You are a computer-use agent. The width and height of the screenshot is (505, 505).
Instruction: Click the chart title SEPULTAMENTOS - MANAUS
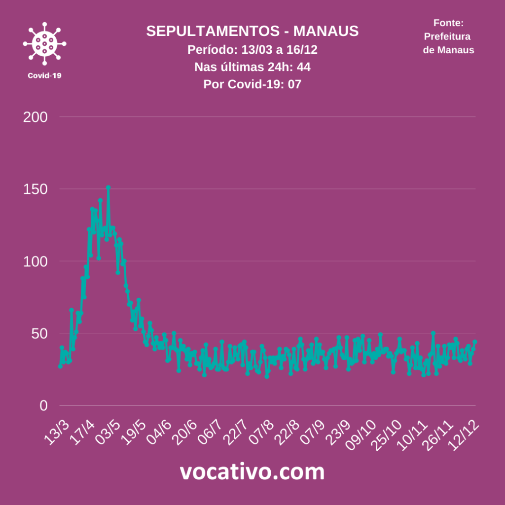coord(252,31)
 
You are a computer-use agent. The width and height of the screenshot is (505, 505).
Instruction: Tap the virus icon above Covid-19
coord(44,43)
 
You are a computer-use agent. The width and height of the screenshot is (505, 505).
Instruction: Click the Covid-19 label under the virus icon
coord(44,75)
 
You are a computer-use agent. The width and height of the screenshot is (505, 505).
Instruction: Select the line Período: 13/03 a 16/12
coord(252,50)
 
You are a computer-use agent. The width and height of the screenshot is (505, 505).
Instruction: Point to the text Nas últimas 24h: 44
coord(252,67)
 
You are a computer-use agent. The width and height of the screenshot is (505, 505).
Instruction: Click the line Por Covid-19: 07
coord(252,84)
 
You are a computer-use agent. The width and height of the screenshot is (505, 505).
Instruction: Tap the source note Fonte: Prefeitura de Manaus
coord(448,36)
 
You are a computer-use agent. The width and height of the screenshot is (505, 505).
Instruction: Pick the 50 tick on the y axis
coord(39,333)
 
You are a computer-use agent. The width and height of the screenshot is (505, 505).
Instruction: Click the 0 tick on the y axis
coord(43,405)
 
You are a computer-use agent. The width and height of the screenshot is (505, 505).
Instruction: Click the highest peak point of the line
coord(108,187)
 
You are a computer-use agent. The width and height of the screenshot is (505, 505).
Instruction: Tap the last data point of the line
coord(475,342)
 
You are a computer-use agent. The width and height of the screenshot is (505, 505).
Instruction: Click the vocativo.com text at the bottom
coord(252,472)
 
